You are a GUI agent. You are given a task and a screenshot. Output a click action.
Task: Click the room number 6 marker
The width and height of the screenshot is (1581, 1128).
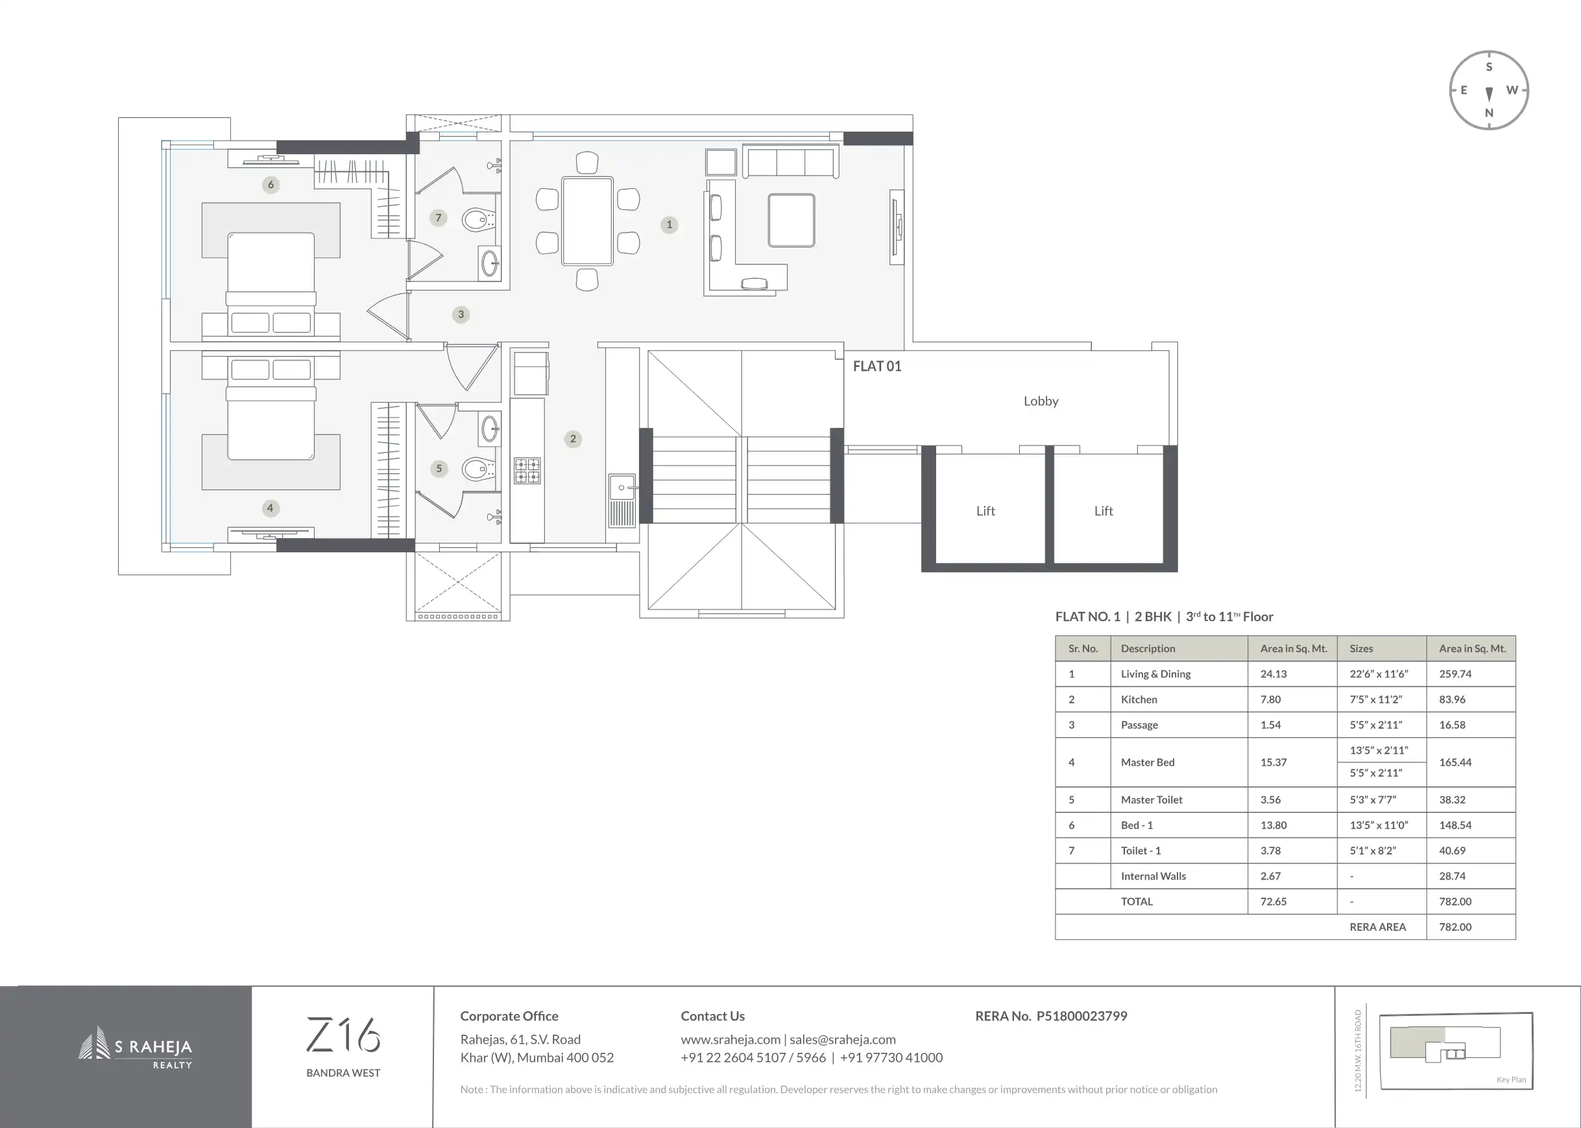coord(271,185)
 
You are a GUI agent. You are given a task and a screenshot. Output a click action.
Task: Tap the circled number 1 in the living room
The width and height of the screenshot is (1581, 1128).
coord(670,224)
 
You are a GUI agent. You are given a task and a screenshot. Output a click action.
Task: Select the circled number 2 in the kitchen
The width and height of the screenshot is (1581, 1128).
coord(573,439)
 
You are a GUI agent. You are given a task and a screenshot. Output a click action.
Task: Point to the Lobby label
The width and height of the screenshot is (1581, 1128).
coord(1041,401)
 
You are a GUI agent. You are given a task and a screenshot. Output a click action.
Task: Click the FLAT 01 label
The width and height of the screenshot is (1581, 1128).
coord(877,366)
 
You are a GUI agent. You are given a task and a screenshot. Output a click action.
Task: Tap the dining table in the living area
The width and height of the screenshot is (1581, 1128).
coord(587,222)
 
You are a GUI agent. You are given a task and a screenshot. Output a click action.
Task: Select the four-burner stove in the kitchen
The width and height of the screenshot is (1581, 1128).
coord(527,470)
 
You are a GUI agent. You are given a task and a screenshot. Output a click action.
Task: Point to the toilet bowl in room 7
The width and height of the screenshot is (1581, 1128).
coord(477,220)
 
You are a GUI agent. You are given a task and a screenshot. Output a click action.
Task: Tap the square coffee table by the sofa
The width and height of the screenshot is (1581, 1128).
coord(791,220)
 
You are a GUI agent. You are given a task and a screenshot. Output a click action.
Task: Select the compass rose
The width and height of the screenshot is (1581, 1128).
coord(1489,89)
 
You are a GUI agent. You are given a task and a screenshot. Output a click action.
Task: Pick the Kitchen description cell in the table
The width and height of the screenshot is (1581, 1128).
coord(1139,699)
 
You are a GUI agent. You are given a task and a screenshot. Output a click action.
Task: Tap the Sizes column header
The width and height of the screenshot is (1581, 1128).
coord(1361,649)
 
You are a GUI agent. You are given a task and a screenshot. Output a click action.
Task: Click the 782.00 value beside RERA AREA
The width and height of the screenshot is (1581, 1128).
coord(1455,926)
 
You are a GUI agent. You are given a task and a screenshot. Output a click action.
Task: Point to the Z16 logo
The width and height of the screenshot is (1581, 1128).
coord(343,1034)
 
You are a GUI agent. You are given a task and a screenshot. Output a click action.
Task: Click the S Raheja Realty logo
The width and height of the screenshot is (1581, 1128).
coord(135,1048)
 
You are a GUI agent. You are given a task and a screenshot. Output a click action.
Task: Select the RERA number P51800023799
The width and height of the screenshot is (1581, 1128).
coord(1081,1016)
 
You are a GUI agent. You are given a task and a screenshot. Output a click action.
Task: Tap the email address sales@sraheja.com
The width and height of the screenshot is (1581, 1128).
coord(842,1040)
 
